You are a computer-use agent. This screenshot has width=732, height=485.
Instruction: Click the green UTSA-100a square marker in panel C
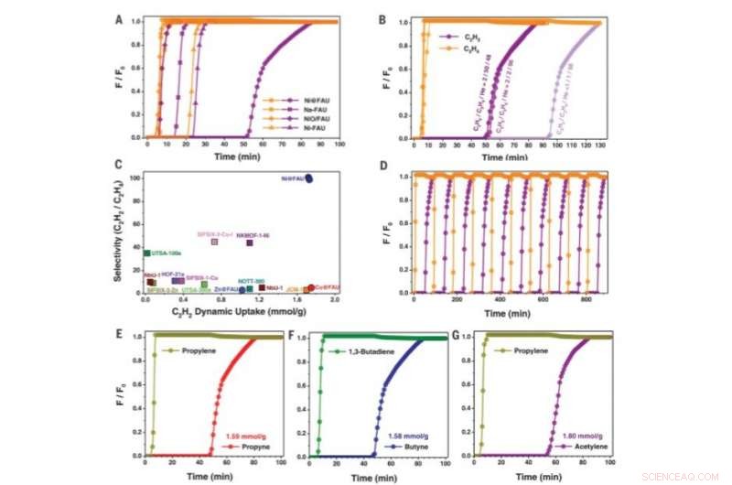coord(147,253)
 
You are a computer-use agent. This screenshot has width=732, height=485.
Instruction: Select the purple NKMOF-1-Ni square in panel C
coord(250,242)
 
